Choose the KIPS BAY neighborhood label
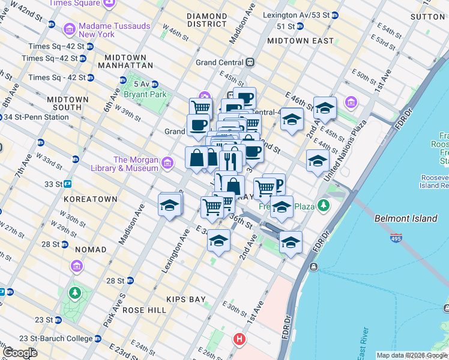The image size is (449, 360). point(186,299)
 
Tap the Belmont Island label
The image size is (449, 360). point(406,218)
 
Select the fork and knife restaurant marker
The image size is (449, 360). point(230,160)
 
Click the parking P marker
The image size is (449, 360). point(277,184)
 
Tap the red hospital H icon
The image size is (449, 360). point(240,340)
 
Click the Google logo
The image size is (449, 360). point(20,353)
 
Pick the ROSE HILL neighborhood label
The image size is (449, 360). point(144,310)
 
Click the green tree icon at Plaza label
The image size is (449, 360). point(324,206)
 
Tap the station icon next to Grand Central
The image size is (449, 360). point(249,62)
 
